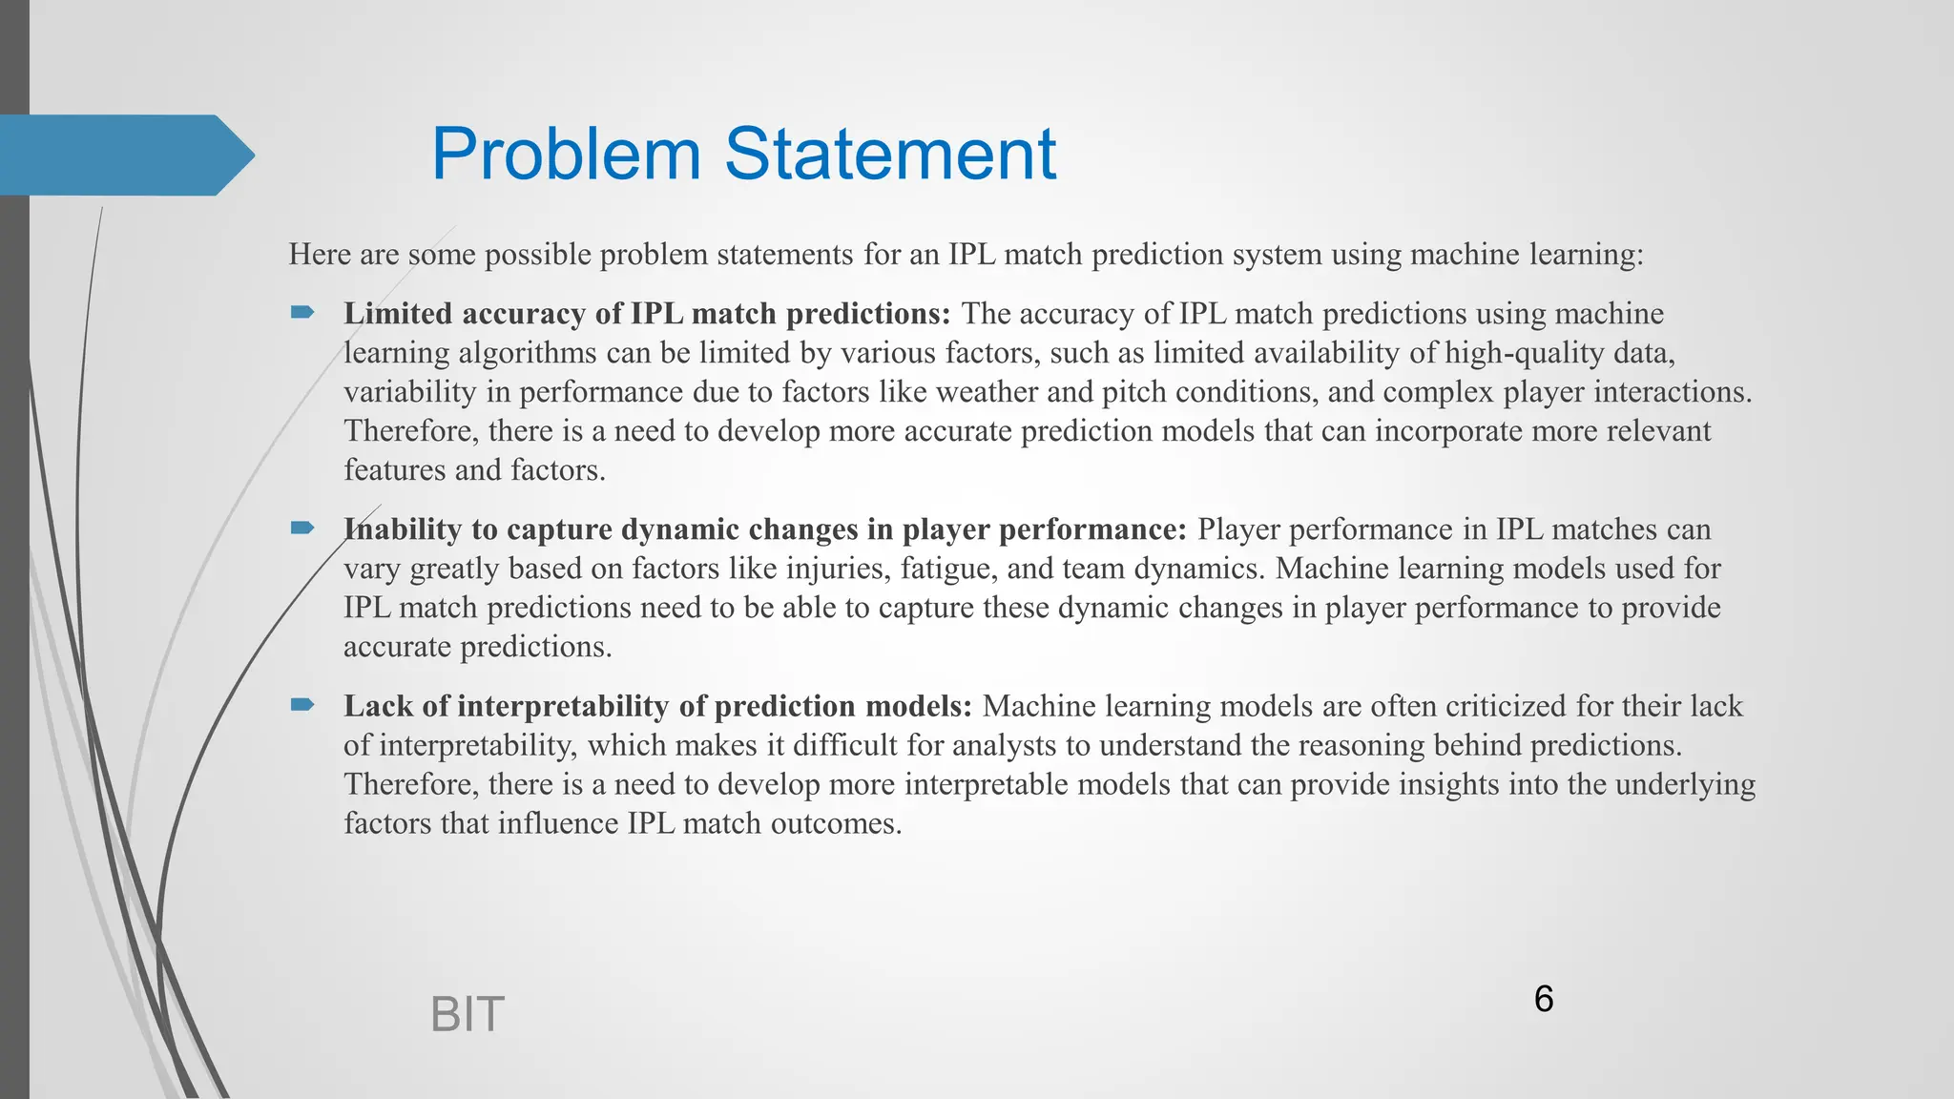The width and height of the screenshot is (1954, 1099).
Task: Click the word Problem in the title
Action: (x=566, y=154)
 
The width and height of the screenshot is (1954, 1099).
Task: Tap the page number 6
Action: (x=1543, y=999)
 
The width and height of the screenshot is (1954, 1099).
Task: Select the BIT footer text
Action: (x=467, y=1014)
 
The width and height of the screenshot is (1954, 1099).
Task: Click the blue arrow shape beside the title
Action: (x=124, y=155)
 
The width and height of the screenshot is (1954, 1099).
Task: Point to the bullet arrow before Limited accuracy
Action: (x=302, y=312)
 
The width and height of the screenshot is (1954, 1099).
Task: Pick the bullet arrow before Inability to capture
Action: (x=302, y=528)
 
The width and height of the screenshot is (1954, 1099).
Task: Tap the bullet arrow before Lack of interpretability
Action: (x=302, y=704)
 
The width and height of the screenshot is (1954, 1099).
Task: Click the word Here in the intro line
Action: (x=320, y=255)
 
